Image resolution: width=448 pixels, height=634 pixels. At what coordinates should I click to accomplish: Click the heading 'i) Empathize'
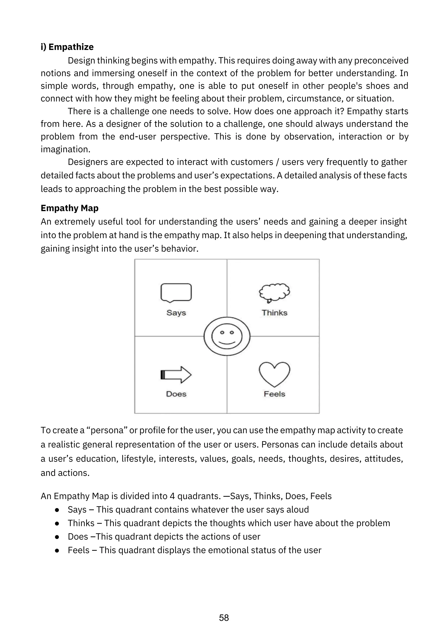coord(67,47)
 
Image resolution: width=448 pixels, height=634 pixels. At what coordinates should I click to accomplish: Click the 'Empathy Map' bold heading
coord(70,208)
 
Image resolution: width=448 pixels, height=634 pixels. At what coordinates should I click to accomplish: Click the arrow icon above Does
coord(176,375)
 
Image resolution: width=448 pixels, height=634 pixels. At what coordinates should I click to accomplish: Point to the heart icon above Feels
coord(275,374)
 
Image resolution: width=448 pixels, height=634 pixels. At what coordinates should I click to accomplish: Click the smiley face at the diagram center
coord(227,336)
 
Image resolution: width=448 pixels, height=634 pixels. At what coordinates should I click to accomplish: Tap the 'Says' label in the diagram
coord(176,313)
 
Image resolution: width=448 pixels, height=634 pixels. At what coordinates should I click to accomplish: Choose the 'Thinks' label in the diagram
coord(275,313)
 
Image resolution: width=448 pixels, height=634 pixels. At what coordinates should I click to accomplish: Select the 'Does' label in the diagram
coord(176,394)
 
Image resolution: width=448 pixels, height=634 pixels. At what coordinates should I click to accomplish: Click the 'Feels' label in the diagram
coord(275,394)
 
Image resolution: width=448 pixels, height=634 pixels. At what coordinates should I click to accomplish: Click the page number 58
coord(224,618)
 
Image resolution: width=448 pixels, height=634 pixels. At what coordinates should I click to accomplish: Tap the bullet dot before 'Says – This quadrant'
coord(57,510)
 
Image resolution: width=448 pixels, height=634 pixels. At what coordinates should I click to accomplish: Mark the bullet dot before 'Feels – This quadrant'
coord(57,550)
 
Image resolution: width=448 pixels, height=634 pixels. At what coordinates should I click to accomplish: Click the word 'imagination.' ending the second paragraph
coord(65,149)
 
